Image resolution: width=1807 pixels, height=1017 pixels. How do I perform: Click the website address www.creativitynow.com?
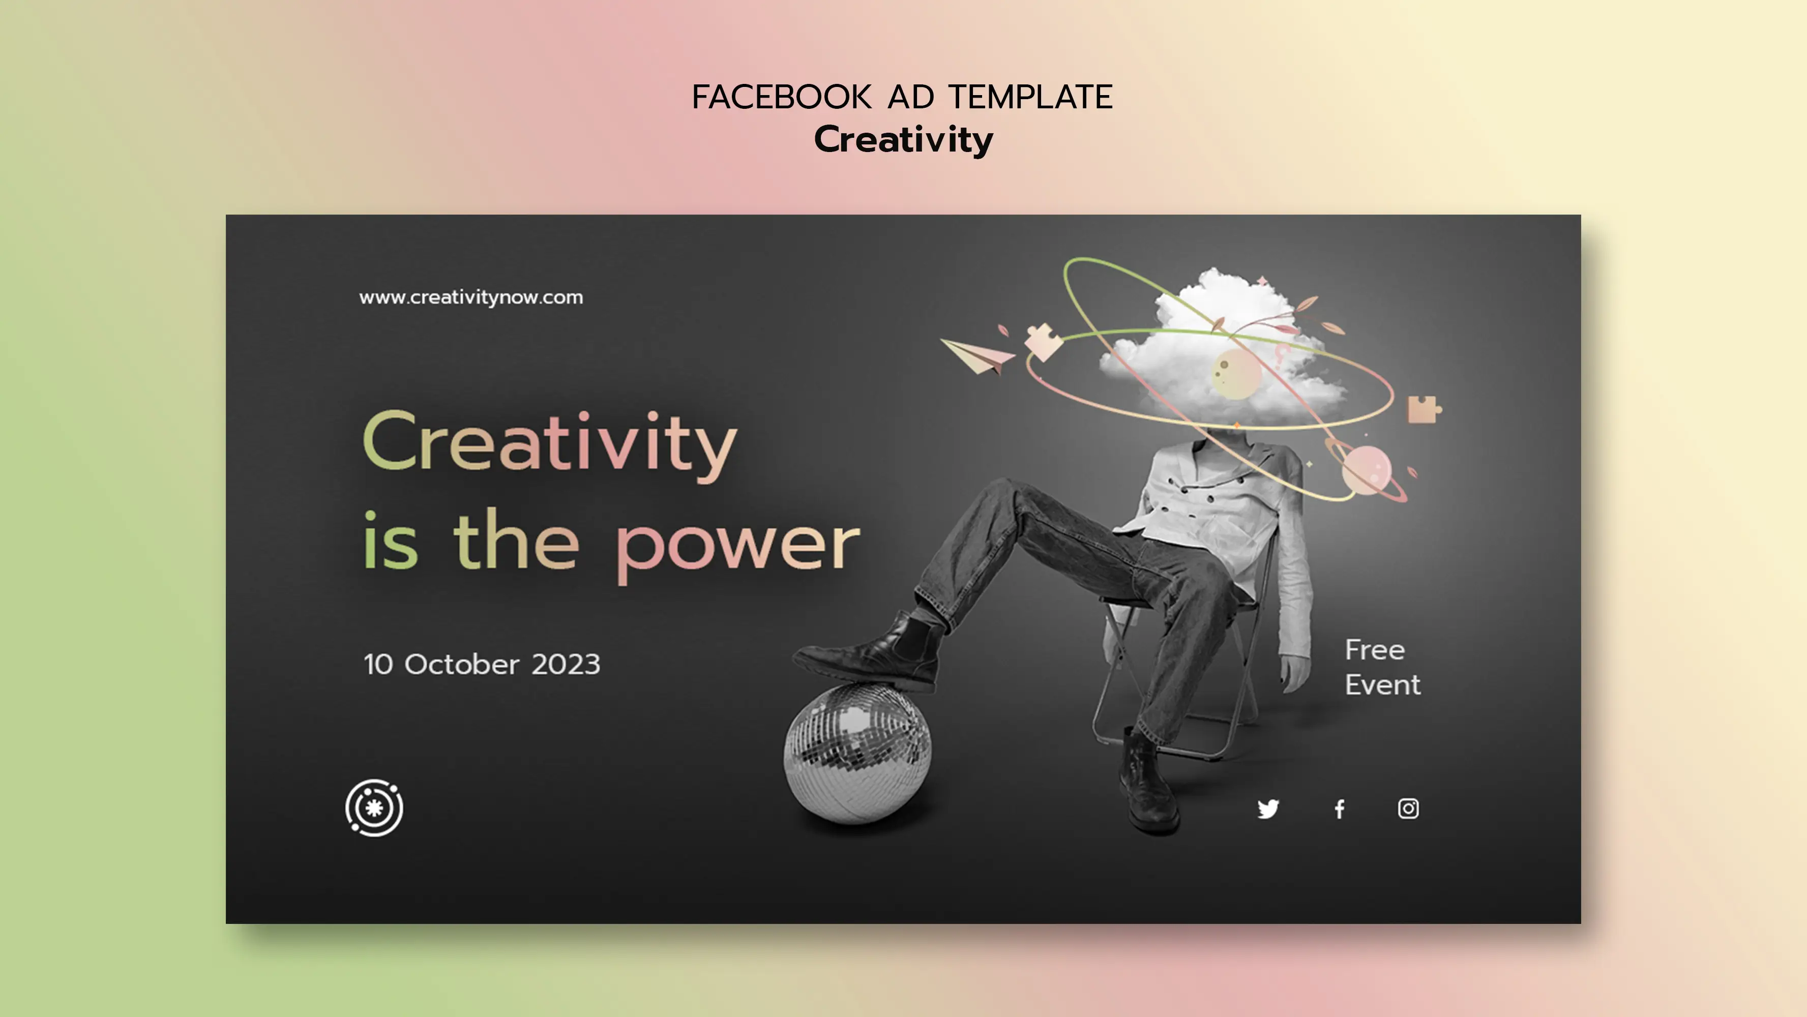(470, 297)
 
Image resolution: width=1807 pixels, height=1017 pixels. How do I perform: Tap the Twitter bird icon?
(1267, 809)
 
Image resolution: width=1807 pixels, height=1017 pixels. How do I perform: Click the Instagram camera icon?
(1408, 809)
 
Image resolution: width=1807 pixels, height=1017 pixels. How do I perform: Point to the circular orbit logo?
(374, 808)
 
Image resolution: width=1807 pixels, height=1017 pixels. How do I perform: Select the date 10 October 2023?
(481, 664)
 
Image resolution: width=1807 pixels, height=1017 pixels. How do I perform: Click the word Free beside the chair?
(1374, 650)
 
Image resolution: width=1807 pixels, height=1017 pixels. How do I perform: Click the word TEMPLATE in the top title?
(1030, 98)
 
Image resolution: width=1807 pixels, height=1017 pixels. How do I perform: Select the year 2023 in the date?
(566, 664)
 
